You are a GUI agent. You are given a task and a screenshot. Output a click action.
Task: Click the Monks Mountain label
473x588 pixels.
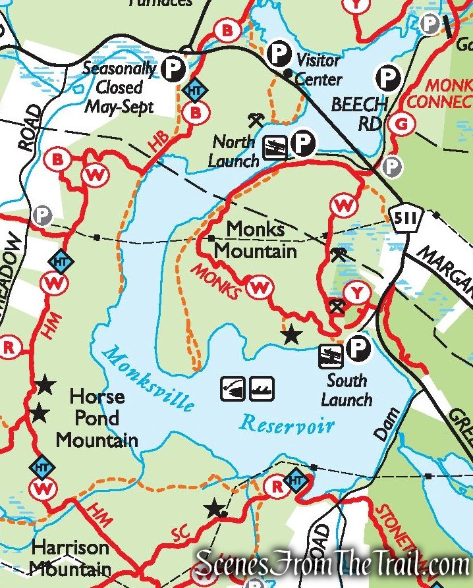click(x=256, y=240)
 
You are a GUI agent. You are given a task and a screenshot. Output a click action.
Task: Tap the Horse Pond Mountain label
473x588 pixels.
click(x=97, y=418)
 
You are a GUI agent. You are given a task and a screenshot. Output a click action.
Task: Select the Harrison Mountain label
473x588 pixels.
click(x=70, y=557)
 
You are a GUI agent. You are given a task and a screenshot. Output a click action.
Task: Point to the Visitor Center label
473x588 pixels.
click(x=319, y=70)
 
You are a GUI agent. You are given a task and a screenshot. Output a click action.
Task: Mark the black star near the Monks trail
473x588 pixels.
click(x=291, y=336)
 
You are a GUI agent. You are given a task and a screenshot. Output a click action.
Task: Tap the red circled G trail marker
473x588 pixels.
click(x=398, y=122)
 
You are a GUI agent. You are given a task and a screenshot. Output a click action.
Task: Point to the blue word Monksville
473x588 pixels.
click(x=150, y=379)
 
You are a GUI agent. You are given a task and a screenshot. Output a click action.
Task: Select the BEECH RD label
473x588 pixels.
click(x=359, y=113)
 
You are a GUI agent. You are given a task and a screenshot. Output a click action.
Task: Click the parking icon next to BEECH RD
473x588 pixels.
click(x=388, y=80)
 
